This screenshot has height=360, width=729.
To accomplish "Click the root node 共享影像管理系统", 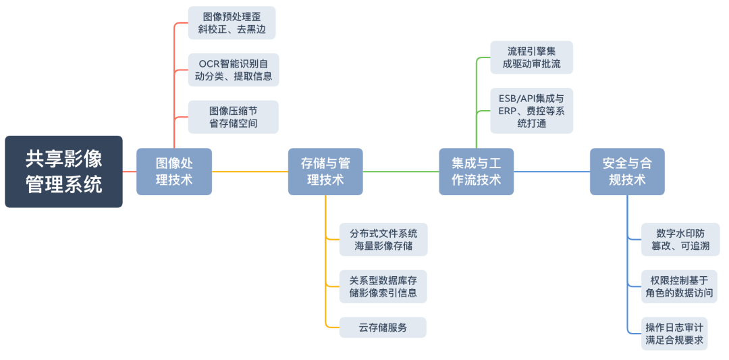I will click(64, 172).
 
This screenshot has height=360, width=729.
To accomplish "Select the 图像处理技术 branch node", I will click(174, 172).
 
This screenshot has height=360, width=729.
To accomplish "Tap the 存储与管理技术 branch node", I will click(325, 172).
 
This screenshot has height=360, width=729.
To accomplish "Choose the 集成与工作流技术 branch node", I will click(476, 172).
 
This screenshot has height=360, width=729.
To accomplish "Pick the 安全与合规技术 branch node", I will click(627, 172).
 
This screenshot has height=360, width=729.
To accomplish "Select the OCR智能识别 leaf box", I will click(234, 70).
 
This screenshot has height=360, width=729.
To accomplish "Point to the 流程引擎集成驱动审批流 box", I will click(532, 57).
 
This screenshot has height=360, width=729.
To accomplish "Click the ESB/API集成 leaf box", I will click(532, 110).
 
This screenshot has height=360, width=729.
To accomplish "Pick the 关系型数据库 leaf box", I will click(383, 286).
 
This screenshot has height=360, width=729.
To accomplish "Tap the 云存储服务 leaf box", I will click(383, 328).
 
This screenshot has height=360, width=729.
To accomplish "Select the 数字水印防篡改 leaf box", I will click(680, 240).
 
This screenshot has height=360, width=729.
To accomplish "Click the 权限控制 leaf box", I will click(679, 286).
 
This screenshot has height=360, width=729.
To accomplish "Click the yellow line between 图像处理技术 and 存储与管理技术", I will click(250, 172).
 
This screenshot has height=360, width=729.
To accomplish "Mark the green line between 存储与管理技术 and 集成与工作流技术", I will click(401, 172).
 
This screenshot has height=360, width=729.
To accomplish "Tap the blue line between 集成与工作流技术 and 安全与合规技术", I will click(551, 172).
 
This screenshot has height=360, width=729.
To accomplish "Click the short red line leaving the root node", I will click(130, 172).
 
